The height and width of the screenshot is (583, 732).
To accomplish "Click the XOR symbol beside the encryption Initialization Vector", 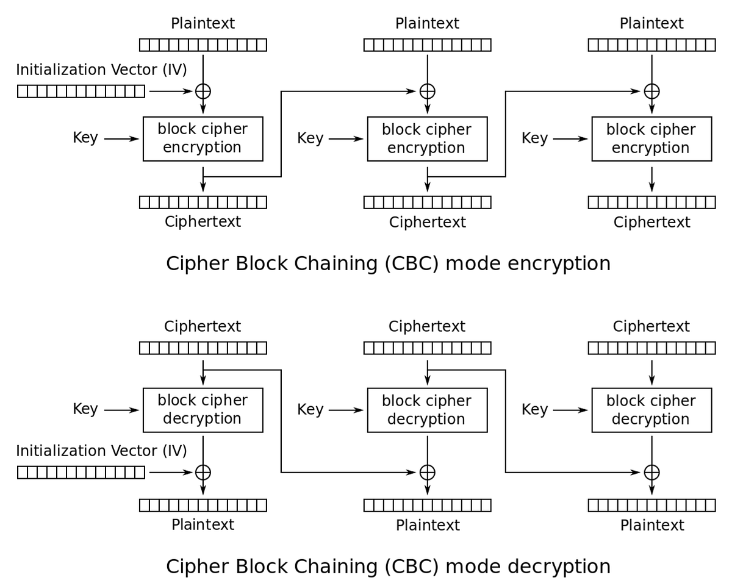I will tap(203, 91).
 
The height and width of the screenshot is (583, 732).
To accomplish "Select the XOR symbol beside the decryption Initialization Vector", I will tap(203, 472).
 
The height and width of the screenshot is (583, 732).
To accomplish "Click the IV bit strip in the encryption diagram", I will tap(81, 91).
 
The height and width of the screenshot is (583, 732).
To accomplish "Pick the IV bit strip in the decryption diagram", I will tap(81, 472).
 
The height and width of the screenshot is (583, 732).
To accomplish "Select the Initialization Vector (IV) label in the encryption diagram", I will tap(101, 70).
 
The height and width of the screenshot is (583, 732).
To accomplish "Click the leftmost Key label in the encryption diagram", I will tap(85, 138).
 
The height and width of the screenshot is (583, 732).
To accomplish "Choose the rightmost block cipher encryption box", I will tap(651, 139).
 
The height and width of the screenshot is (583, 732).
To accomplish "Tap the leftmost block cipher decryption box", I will tap(203, 410).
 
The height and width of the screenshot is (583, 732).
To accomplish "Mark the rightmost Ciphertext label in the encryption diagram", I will tap(651, 222).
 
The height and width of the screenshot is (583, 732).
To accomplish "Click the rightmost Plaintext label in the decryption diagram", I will tap(651, 525).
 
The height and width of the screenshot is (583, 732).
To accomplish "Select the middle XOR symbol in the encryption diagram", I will tap(427, 91).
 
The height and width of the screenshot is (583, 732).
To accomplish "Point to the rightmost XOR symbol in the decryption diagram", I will tap(651, 472).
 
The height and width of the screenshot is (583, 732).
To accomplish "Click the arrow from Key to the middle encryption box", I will tap(346, 139).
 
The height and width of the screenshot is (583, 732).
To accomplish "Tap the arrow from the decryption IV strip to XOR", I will tap(171, 472).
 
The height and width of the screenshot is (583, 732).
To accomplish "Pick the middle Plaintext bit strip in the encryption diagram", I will tap(427, 45).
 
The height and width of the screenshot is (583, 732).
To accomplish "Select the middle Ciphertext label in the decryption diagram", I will tap(427, 326).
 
